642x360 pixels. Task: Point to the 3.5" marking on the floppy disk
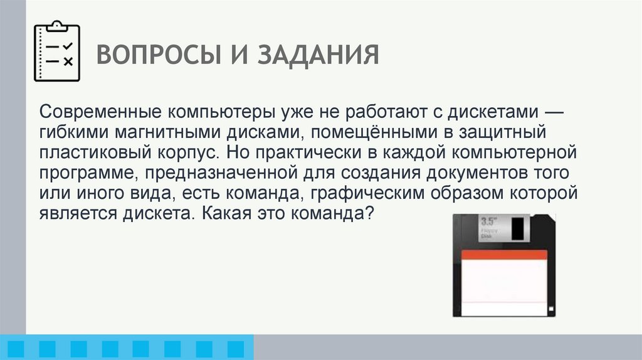(x=488, y=221)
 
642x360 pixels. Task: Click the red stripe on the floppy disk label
(x=504, y=254)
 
